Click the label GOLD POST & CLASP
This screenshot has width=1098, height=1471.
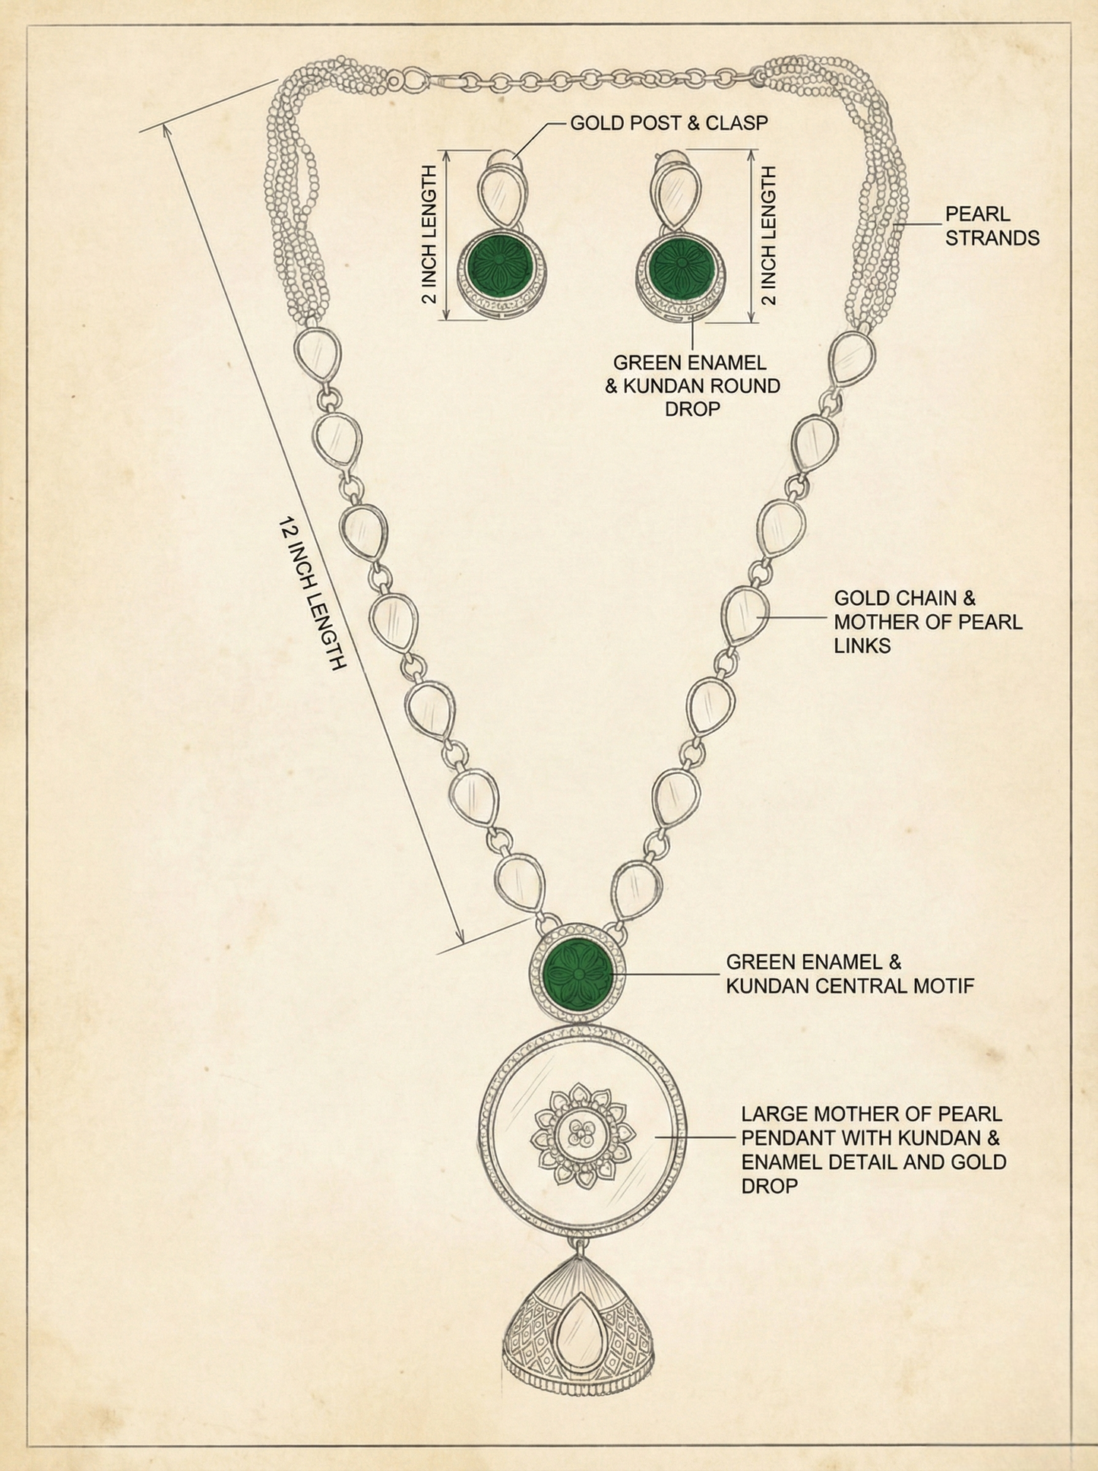[669, 122]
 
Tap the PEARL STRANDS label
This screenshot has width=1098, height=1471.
[992, 226]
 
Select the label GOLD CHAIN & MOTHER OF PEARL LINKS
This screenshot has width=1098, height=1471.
[928, 622]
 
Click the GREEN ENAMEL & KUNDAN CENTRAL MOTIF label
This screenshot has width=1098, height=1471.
[850, 974]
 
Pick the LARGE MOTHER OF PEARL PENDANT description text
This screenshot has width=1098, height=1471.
[874, 1149]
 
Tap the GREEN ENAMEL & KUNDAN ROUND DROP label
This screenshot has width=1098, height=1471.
[692, 385]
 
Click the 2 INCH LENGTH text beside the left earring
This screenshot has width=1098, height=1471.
[430, 235]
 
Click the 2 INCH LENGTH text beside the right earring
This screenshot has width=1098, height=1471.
[769, 235]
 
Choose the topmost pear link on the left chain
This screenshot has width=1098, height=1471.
[316, 355]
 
